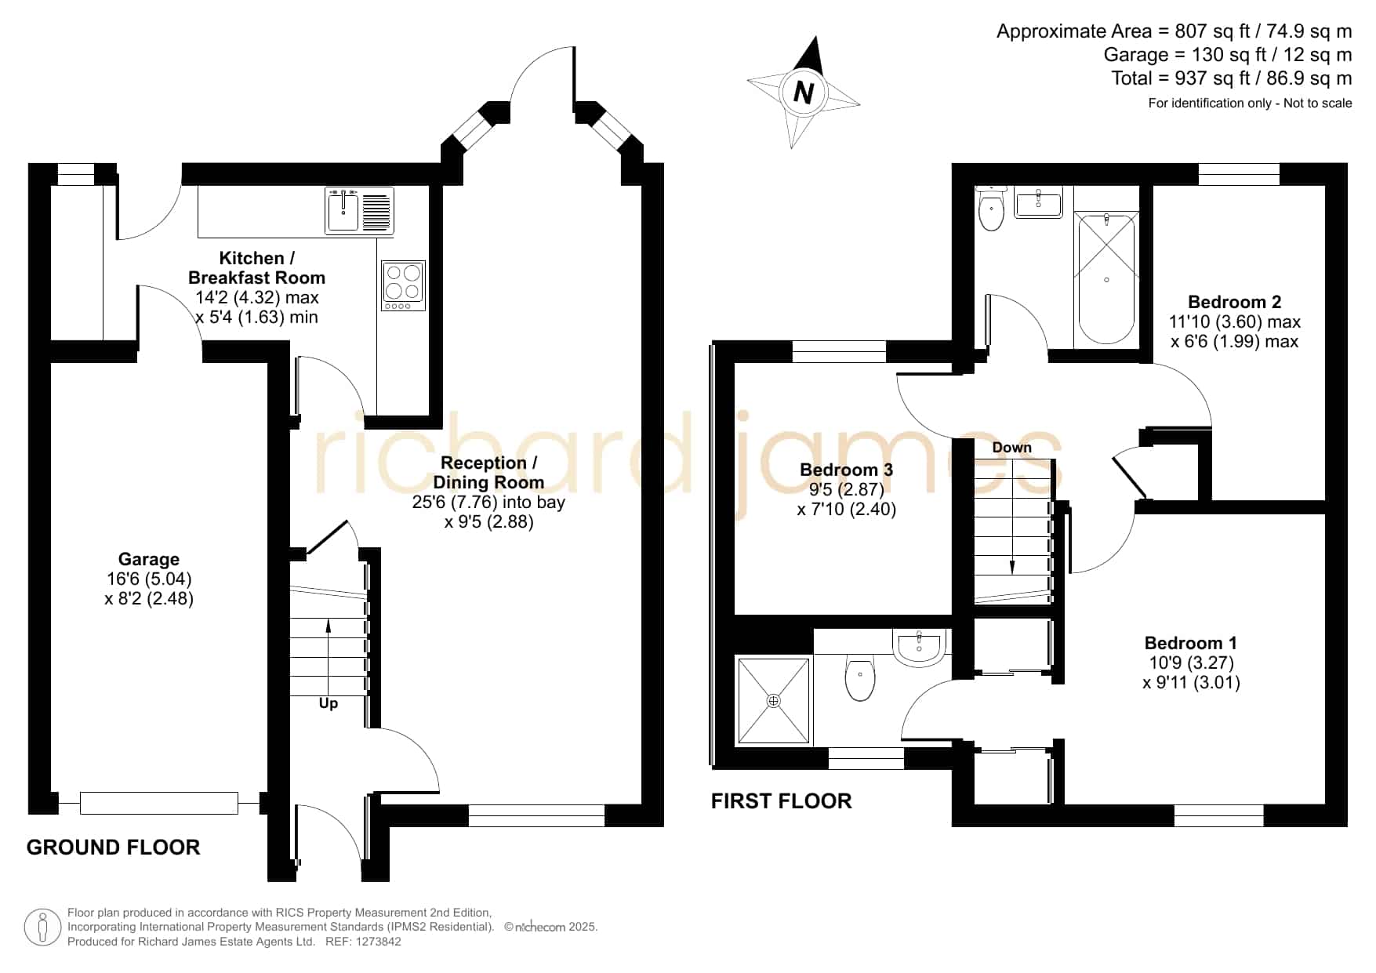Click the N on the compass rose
(803, 92)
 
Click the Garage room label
(149, 559)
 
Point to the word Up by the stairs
(329, 703)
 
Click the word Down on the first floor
(1011, 448)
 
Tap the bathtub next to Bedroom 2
(1106, 278)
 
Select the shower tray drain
(774, 701)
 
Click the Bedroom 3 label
(846, 470)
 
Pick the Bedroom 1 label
(1191, 643)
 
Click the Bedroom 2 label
(1234, 302)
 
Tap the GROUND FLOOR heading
(113, 847)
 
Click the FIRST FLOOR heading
(781, 801)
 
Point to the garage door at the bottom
(158, 803)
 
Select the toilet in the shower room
(860, 678)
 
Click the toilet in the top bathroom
(992, 207)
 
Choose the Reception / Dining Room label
(488, 472)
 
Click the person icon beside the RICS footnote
(42, 928)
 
